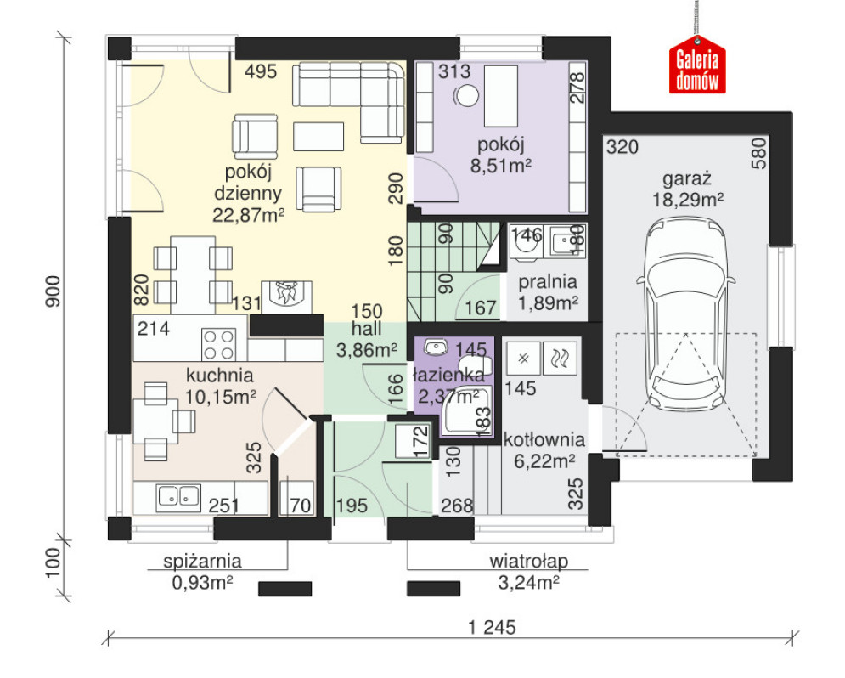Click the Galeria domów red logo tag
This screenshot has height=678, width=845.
coord(697,65)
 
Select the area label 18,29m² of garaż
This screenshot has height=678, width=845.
coord(688,200)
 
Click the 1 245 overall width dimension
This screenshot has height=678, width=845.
coord(492,627)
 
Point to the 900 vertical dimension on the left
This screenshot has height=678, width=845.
coord(53,291)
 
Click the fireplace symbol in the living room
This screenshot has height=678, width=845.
coord(286,296)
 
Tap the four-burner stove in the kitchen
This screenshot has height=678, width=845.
coord(219,344)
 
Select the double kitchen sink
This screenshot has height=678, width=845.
coord(178,496)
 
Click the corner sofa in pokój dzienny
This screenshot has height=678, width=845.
coord(349,103)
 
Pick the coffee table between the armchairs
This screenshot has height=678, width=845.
coord(318,136)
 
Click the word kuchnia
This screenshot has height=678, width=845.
coord(219,376)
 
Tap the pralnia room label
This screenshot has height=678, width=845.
coord(548,282)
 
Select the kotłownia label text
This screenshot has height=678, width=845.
coord(544,440)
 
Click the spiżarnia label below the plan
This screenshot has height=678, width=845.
coord(202,561)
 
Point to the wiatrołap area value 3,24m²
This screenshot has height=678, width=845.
coord(528,583)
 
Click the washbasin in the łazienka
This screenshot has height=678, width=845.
coord(437,347)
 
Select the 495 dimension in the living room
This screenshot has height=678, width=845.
coord(261,71)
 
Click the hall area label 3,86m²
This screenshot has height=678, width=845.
coord(367,350)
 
